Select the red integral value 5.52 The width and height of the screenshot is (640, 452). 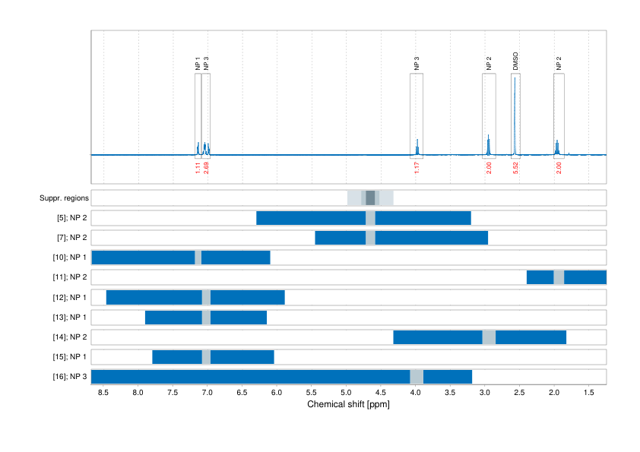pos(515,168)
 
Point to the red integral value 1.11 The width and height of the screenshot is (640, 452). pos(198,168)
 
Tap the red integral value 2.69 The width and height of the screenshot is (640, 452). pos(206,168)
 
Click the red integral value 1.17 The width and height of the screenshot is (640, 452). pos(417,168)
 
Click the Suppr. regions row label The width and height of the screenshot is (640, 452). pos(64,198)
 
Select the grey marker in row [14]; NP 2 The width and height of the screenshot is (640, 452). pos(489,337)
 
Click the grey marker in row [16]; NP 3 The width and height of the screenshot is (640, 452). pos(417,377)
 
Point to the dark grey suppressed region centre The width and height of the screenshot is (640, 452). pos(370,198)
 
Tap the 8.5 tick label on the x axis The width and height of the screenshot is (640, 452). pos(103,393)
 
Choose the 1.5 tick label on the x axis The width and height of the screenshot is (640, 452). pos(588,393)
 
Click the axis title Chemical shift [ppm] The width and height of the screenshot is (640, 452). pos(348,405)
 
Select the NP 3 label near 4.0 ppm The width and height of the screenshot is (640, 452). pos(417,64)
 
